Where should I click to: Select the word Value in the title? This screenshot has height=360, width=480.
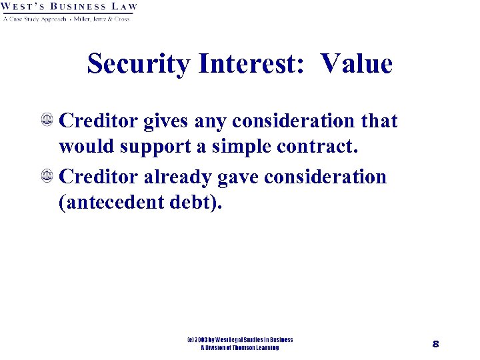[x=356, y=64]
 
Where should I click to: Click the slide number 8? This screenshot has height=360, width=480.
[x=435, y=344]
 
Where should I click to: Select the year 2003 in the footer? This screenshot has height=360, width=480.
[x=203, y=340]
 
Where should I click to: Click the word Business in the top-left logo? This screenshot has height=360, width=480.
[x=77, y=7]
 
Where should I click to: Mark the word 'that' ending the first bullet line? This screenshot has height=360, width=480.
[x=378, y=121]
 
